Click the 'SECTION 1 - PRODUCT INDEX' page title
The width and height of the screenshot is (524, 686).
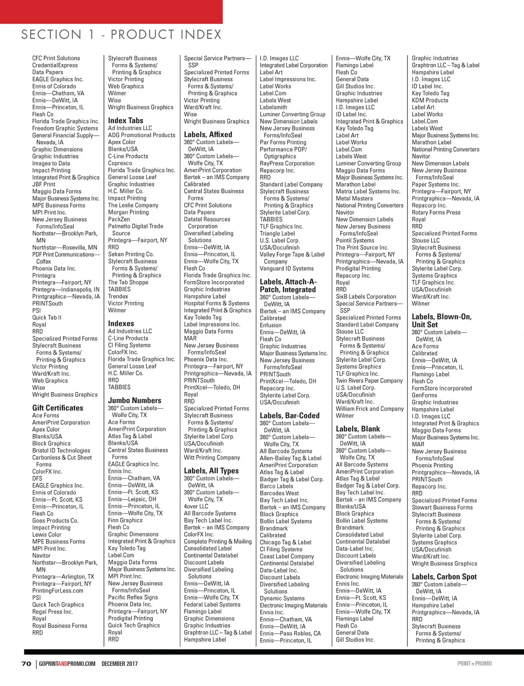coord(121,34)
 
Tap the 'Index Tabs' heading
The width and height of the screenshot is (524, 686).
coord(126,121)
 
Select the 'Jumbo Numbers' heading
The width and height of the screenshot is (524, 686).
coord(134,400)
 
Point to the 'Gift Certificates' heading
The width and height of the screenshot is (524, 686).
coord(58,408)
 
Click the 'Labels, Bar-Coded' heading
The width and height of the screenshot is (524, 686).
coord(290,416)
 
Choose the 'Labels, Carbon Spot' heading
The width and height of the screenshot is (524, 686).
coord(444,577)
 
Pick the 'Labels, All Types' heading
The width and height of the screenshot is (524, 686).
coord(211,471)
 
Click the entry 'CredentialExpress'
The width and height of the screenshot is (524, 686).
coord(55,65)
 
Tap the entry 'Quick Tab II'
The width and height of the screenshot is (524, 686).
coord(47,317)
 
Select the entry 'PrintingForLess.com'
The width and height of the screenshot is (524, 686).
coord(58,591)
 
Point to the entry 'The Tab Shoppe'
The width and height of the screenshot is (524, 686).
coord(128,283)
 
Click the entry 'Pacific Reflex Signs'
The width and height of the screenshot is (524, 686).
coord(133,597)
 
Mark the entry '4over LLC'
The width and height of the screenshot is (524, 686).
coord(196,507)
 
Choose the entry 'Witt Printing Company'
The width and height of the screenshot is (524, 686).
coord(212,458)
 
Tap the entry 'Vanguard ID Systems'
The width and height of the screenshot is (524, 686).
coord(286,269)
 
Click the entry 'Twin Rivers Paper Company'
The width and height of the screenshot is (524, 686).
coord(369,381)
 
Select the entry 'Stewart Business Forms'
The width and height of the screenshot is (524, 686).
coord(442,507)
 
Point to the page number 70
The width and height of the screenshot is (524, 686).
coord(26,664)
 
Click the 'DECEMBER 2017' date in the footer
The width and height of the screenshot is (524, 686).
coord(120,664)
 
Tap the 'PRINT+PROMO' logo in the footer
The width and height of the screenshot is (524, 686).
coord(474,664)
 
